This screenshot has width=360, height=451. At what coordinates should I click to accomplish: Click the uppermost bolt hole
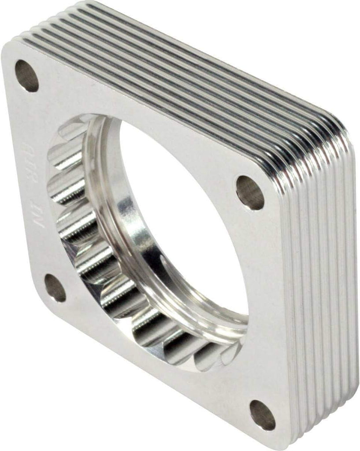coord(27,75)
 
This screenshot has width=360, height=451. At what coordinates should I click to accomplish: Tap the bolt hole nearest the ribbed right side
coord(250,192)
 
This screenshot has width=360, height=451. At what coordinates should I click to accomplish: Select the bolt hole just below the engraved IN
coord(55,288)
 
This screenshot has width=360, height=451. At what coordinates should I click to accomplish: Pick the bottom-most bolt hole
coord(263,414)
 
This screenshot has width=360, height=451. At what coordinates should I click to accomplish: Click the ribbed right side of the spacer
coord(317,286)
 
